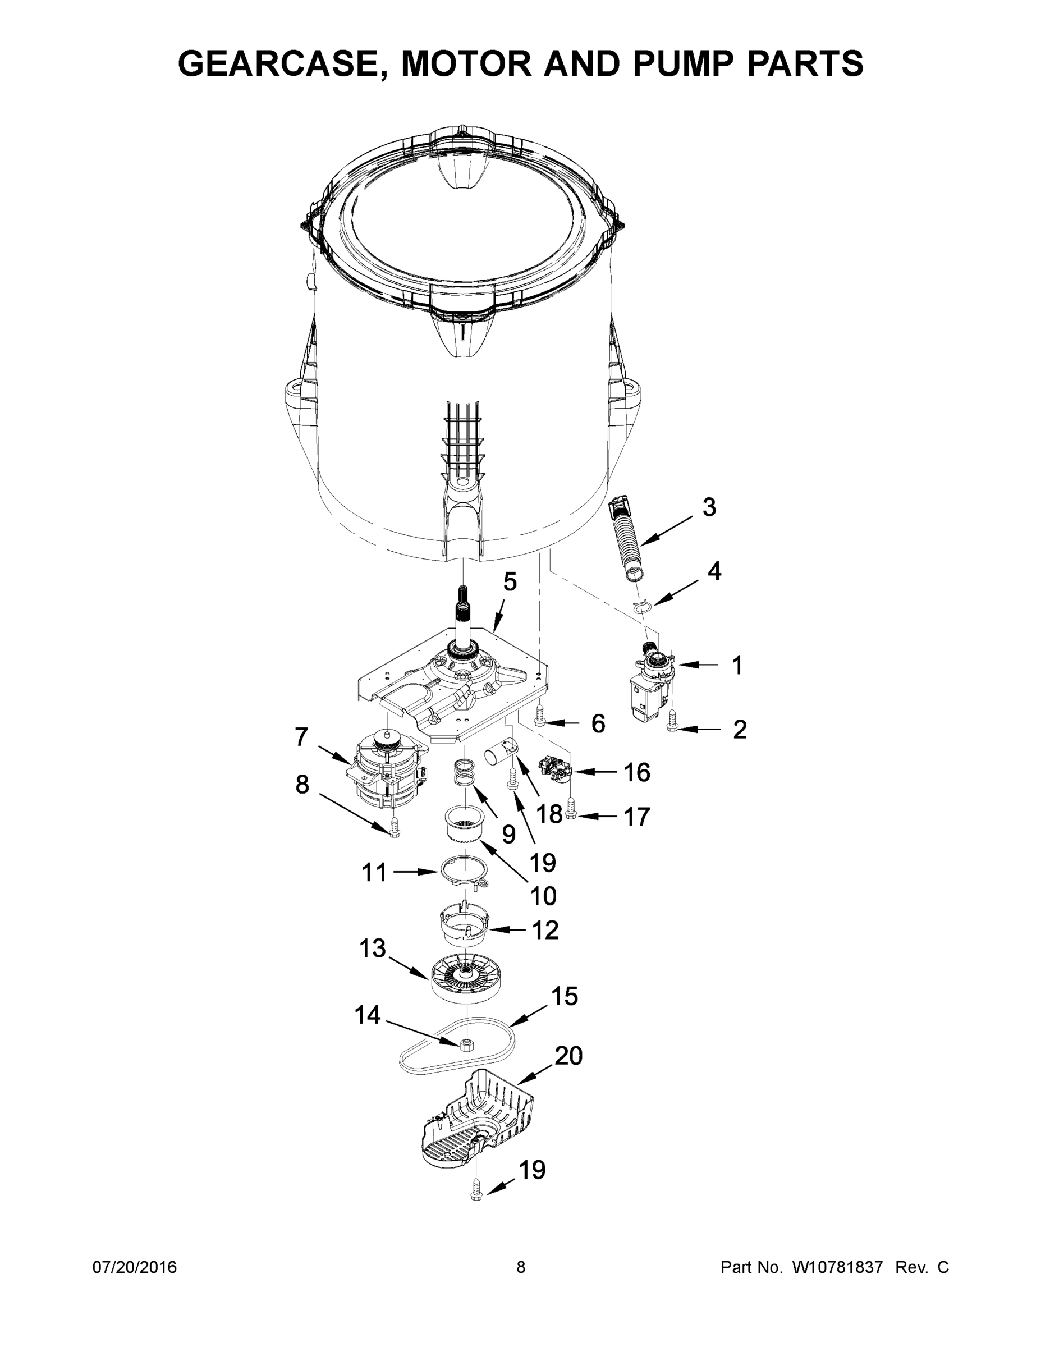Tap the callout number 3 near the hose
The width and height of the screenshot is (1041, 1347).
pos(709,507)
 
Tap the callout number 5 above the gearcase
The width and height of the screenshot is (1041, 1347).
pos(510,581)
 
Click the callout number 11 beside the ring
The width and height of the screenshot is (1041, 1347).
pos(374,872)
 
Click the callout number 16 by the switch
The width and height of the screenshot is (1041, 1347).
pos(637,772)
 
